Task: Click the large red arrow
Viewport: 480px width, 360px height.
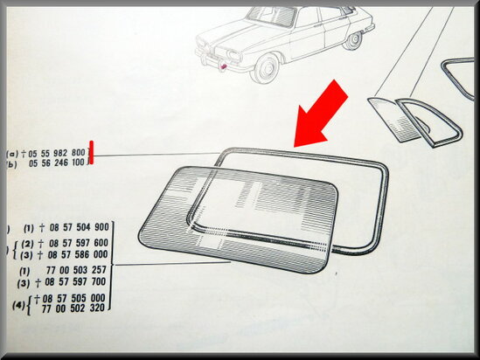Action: [x=322, y=114]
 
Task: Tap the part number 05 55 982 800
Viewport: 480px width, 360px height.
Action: [x=57, y=153]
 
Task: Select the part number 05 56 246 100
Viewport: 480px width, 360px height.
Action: [x=56, y=163]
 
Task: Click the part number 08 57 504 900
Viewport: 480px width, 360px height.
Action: [x=79, y=227]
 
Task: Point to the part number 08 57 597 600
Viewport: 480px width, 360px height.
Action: [x=79, y=243]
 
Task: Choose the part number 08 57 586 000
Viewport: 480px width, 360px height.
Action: [x=79, y=254]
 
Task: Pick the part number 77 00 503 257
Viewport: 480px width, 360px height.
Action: [x=76, y=270]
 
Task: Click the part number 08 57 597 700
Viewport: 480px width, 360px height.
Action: [x=75, y=281]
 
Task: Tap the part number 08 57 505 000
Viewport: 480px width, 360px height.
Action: [x=73, y=298]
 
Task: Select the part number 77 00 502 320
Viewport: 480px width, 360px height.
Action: [x=73, y=308]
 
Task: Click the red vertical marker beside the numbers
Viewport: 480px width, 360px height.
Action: [x=91, y=152]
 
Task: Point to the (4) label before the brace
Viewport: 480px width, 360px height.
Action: [x=18, y=305]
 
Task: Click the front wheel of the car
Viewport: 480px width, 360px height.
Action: [x=266, y=69]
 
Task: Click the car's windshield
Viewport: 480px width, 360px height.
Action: [x=272, y=17]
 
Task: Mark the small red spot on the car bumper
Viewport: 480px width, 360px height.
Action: [x=224, y=66]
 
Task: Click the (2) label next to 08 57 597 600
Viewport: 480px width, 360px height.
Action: [x=27, y=244]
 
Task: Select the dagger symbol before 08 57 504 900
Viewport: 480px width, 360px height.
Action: [x=42, y=228]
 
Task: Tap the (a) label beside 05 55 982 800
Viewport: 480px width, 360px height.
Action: [x=13, y=153]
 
